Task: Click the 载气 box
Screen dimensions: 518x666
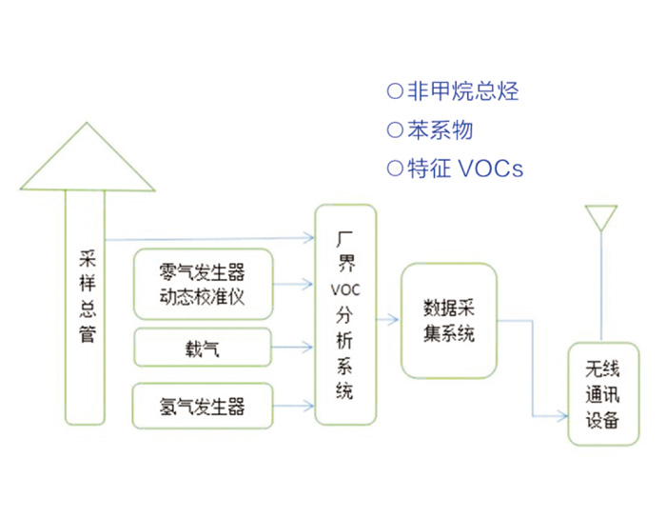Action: (x=204, y=348)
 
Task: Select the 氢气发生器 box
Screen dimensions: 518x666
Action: (x=204, y=406)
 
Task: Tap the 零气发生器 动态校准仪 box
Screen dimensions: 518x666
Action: (x=204, y=284)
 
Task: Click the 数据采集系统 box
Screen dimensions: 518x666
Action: (x=448, y=322)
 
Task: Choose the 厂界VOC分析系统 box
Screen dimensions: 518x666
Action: (x=344, y=314)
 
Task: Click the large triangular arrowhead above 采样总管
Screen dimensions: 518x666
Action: (x=87, y=153)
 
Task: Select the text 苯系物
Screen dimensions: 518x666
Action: (x=440, y=129)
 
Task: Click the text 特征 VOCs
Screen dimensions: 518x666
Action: (x=464, y=169)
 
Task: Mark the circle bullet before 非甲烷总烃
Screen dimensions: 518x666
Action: (x=395, y=91)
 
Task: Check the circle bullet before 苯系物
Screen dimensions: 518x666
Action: (x=395, y=129)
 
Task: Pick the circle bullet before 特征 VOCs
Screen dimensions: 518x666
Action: (x=395, y=169)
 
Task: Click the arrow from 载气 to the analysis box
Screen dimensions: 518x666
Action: (x=295, y=348)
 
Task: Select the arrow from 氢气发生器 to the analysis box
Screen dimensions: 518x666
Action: (x=295, y=407)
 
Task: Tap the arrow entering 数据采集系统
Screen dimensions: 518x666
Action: (x=389, y=320)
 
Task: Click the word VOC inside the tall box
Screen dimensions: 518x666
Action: (x=344, y=288)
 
